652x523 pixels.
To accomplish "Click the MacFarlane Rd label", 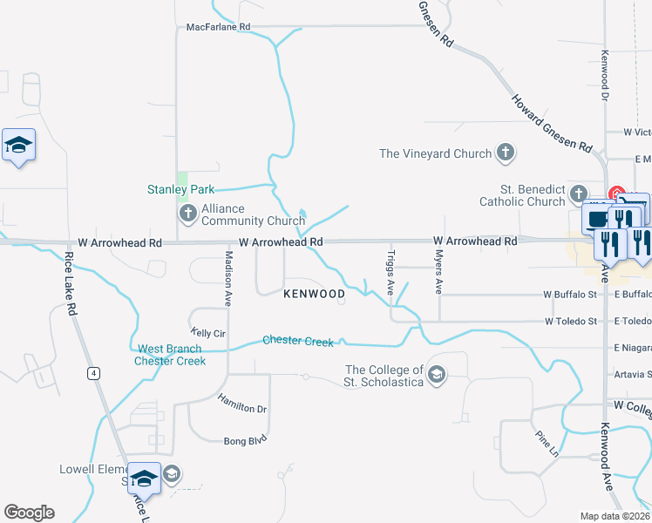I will pos(218,27).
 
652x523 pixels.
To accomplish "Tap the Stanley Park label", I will pos(180,189).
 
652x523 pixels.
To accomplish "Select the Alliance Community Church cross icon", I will pos(187,214).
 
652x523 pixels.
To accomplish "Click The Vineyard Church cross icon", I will pos(505,154).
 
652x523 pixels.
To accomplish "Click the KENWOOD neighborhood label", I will pos(315,295).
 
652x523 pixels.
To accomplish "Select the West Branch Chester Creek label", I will pos(171,355).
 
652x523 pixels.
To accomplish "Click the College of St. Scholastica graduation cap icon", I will pos(437,376).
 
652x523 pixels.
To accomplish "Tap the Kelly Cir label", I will pos(208,334).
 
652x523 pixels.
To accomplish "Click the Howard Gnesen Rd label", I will pos(550,123).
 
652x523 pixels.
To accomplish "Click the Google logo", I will pos(29,513).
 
